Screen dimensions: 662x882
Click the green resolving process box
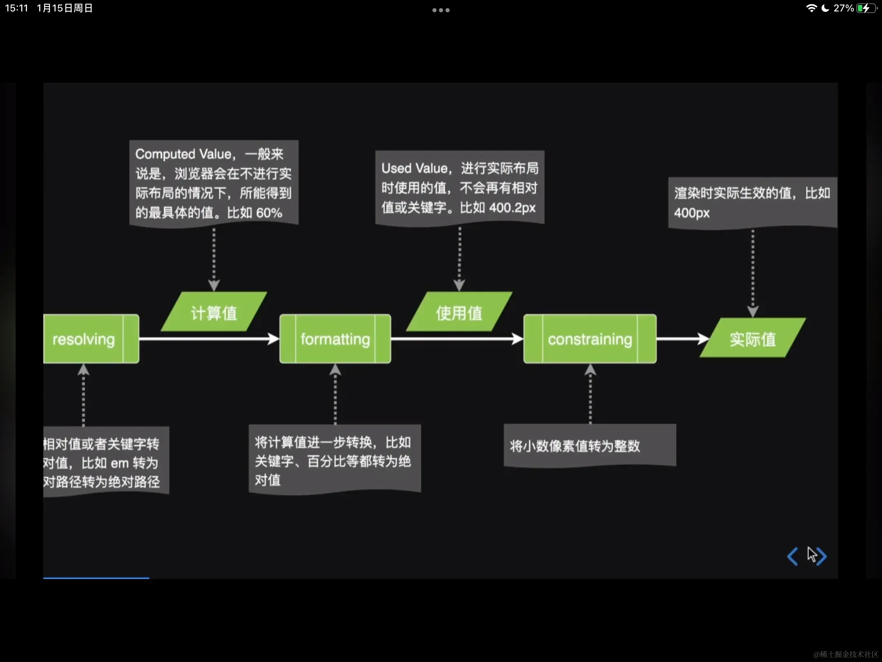coord(91,339)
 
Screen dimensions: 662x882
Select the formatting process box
coord(335,339)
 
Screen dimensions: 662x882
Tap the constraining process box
coord(590,339)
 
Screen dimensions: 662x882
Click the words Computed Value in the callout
coord(183,154)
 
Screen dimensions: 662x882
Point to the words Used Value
coord(414,168)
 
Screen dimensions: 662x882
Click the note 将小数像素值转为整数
coord(575,445)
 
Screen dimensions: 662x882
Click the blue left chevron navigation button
coord(793,556)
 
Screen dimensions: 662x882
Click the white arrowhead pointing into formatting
coord(273,339)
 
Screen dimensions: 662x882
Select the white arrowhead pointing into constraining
coord(517,339)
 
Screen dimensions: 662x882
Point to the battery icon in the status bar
coord(866,8)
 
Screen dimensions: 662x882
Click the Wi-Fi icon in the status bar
coord(811,8)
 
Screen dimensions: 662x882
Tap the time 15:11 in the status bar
coord(16,8)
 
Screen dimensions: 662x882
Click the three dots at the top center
coord(441,10)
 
